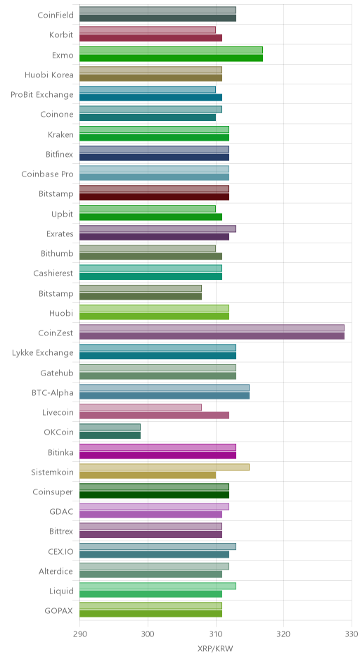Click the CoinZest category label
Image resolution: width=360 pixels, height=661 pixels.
(x=56, y=333)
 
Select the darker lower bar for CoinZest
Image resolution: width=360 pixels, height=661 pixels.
(x=212, y=336)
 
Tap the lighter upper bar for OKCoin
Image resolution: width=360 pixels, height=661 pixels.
(x=110, y=428)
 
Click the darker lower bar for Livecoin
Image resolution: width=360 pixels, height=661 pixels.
(x=154, y=416)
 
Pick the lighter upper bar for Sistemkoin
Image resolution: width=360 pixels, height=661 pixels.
(x=165, y=467)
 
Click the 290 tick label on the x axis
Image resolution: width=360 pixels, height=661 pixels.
(x=79, y=634)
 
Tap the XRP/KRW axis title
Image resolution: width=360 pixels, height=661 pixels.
(x=215, y=648)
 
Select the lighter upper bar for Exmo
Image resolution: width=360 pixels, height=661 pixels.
(x=171, y=50)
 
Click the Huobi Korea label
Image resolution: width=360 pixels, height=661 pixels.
(x=49, y=75)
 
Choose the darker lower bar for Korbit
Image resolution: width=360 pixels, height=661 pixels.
(x=151, y=38)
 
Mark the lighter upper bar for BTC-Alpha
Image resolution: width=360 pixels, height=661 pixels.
(x=165, y=388)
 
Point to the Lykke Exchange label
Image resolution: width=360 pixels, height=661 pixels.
(x=43, y=353)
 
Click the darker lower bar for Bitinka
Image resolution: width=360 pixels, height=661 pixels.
(x=157, y=455)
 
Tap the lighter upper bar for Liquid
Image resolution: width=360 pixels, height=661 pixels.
(x=157, y=586)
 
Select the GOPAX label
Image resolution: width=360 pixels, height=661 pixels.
(x=58, y=611)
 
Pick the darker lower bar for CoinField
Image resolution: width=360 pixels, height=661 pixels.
(x=157, y=18)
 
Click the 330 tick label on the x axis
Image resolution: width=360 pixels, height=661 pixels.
(x=351, y=634)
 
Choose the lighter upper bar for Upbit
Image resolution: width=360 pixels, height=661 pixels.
(x=148, y=209)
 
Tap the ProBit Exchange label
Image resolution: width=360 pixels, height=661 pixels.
(x=42, y=95)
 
